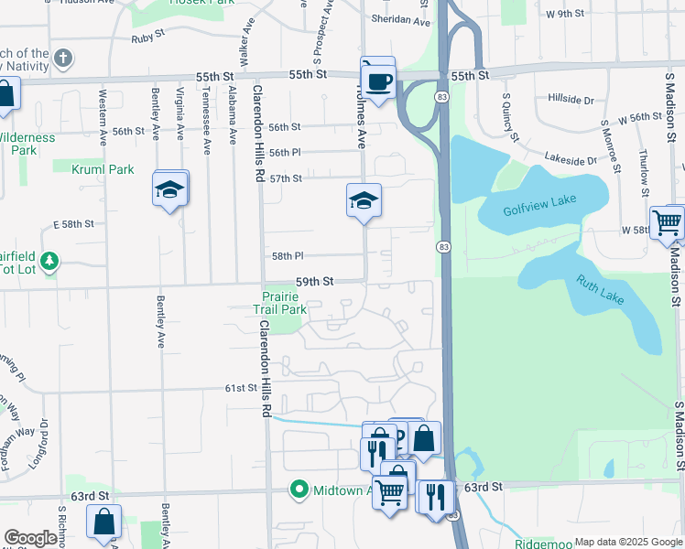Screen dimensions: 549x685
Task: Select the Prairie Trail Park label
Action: (x=279, y=303)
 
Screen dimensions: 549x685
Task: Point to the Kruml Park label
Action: (x=106, y=169)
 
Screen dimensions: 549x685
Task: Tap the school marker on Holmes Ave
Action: (x=363, y=199)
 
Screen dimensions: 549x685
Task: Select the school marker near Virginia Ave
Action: (x=170, y=190)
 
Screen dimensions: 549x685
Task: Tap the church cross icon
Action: (x=62, y=59)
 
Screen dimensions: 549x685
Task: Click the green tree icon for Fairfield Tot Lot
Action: (x=49, y=263)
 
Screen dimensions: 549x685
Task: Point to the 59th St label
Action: (x=314, y=283)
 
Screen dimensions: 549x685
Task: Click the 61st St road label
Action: (x=242, y=388)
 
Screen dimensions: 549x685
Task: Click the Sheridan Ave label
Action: (x=400, y=20)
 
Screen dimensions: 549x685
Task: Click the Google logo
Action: (x=30, y=538)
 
